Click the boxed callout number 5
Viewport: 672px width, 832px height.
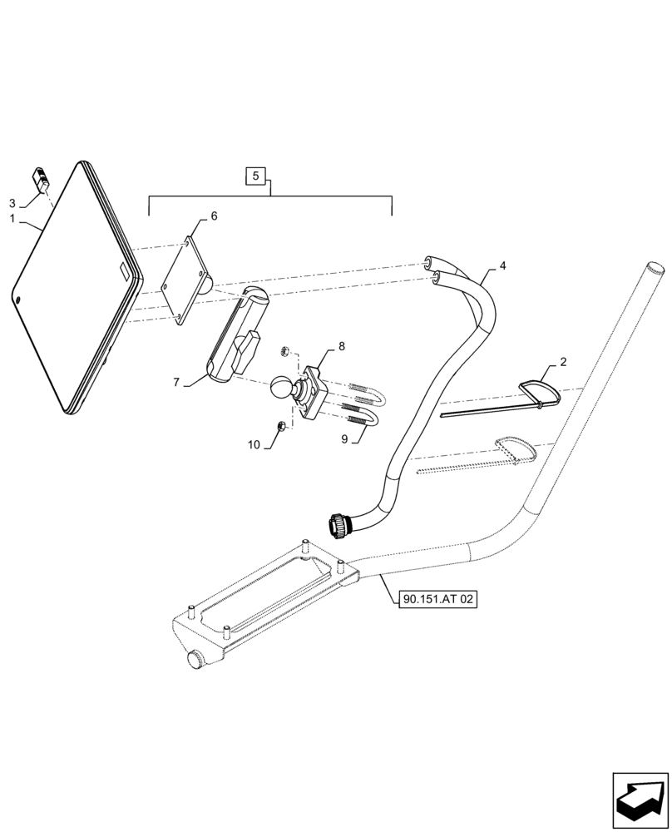(x=256, y=176)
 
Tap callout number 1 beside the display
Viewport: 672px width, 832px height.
(x=12, y=218)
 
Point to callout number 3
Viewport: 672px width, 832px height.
(x=12, y=203)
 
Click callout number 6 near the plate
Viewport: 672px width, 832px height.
(x=214, y=216)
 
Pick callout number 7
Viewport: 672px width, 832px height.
(x=176, y=382)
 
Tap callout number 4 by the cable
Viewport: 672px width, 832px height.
(x=502, y=267)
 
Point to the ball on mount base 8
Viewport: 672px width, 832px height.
(x=280, y=389)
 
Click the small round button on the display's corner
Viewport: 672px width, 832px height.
(x=18, y=299)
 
